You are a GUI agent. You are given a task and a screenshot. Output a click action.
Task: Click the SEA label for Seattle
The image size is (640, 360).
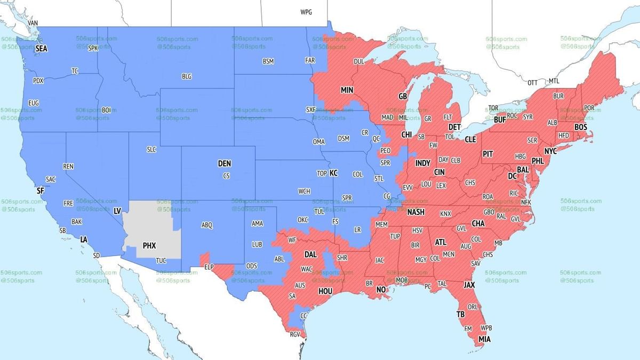[41, 49]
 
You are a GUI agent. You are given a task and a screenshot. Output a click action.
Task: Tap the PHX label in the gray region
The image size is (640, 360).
[149, 246]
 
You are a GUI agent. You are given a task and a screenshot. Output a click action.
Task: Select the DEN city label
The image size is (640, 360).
[225, 164]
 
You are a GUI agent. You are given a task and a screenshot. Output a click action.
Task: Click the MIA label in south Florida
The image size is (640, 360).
[484, 339]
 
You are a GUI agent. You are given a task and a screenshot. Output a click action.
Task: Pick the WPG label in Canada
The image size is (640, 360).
[307, 12]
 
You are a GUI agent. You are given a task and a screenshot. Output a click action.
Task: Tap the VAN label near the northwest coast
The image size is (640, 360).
[33, 23]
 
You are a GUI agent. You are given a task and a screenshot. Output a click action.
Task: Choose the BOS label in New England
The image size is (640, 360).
[581, 127]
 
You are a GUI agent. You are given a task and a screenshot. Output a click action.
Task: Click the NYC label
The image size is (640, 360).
[550, 151]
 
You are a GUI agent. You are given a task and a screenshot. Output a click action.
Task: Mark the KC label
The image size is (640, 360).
[333, 173]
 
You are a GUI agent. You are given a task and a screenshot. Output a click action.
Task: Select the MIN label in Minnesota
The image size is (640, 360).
[347, 90]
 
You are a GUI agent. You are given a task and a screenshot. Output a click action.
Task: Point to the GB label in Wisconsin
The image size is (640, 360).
[403, 97]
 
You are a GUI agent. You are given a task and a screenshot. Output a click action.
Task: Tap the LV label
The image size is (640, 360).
[117, 211]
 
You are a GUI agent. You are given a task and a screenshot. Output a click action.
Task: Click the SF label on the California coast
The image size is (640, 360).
[40, 190]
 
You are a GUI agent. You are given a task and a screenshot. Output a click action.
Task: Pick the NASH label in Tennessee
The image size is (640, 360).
[415, 212]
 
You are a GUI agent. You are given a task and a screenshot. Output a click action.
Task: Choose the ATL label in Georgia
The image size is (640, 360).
[441, 242]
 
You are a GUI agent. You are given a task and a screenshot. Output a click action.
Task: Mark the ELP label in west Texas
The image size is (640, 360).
[209, 266]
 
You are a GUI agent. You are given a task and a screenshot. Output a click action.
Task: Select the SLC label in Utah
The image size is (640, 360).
[151, 150]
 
